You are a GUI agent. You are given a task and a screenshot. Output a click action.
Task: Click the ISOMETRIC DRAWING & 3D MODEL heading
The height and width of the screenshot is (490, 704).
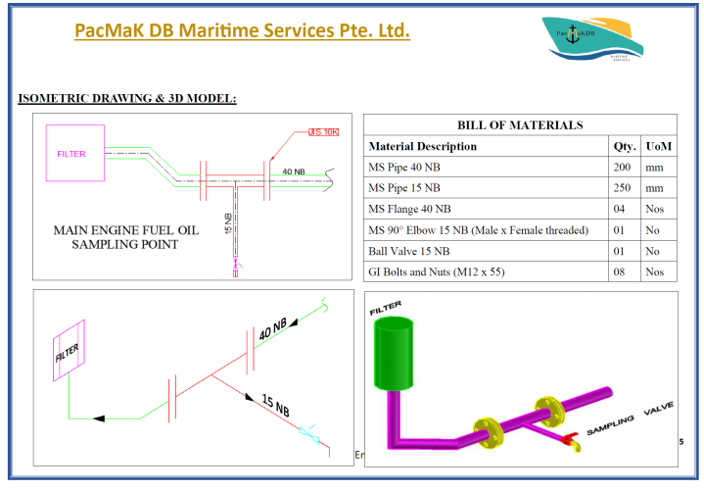[x=127, y=98]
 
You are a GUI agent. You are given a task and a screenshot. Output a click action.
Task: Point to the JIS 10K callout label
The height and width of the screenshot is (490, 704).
[x=323, y=132]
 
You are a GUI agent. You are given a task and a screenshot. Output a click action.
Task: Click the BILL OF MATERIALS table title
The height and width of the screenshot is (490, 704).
[x=520, y=125]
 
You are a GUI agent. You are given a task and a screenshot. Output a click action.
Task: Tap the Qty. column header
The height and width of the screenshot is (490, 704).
[x=625, y=146]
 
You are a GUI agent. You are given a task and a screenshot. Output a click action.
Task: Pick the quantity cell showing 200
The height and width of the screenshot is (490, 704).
[x=625, y=167]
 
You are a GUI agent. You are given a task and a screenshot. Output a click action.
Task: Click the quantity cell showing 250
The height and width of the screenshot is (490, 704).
[x=625, y=187]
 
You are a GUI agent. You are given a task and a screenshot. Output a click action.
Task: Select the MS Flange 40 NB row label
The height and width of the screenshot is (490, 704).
[x=409, y=208]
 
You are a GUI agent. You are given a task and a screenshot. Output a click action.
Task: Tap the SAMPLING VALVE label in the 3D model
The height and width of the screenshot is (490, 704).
[x=628, y=421]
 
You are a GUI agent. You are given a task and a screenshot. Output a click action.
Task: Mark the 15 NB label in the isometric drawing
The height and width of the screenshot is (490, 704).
[x=275, y=403]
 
